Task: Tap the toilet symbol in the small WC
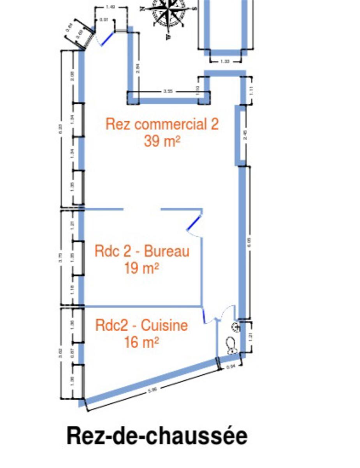tap(231, 346)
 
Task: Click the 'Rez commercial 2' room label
tap(162, 124)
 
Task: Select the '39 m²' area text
tap(162, 141)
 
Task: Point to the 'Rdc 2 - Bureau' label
tap(142, 251)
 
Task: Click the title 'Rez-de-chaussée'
tap(157, 435)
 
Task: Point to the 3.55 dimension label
tap(168, 92)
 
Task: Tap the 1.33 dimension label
tap(225, 61)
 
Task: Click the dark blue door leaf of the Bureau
tap(194, 223)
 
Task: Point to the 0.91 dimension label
tap(104, 19)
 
